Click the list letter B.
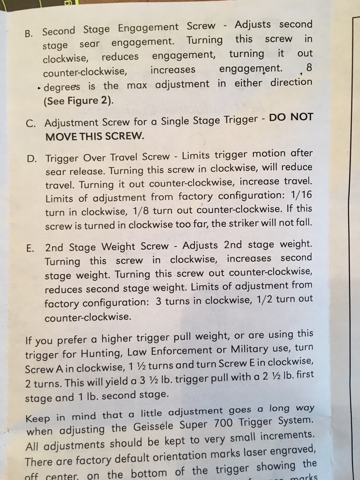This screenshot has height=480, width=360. (28, 34)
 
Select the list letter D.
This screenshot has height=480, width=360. (31, 159)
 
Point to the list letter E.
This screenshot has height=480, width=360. (30, 249)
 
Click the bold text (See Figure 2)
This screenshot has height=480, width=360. (78, 101)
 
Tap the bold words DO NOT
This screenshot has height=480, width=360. (291, 117)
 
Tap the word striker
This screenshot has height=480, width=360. (241, 224)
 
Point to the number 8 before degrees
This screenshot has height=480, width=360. (309, 67)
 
